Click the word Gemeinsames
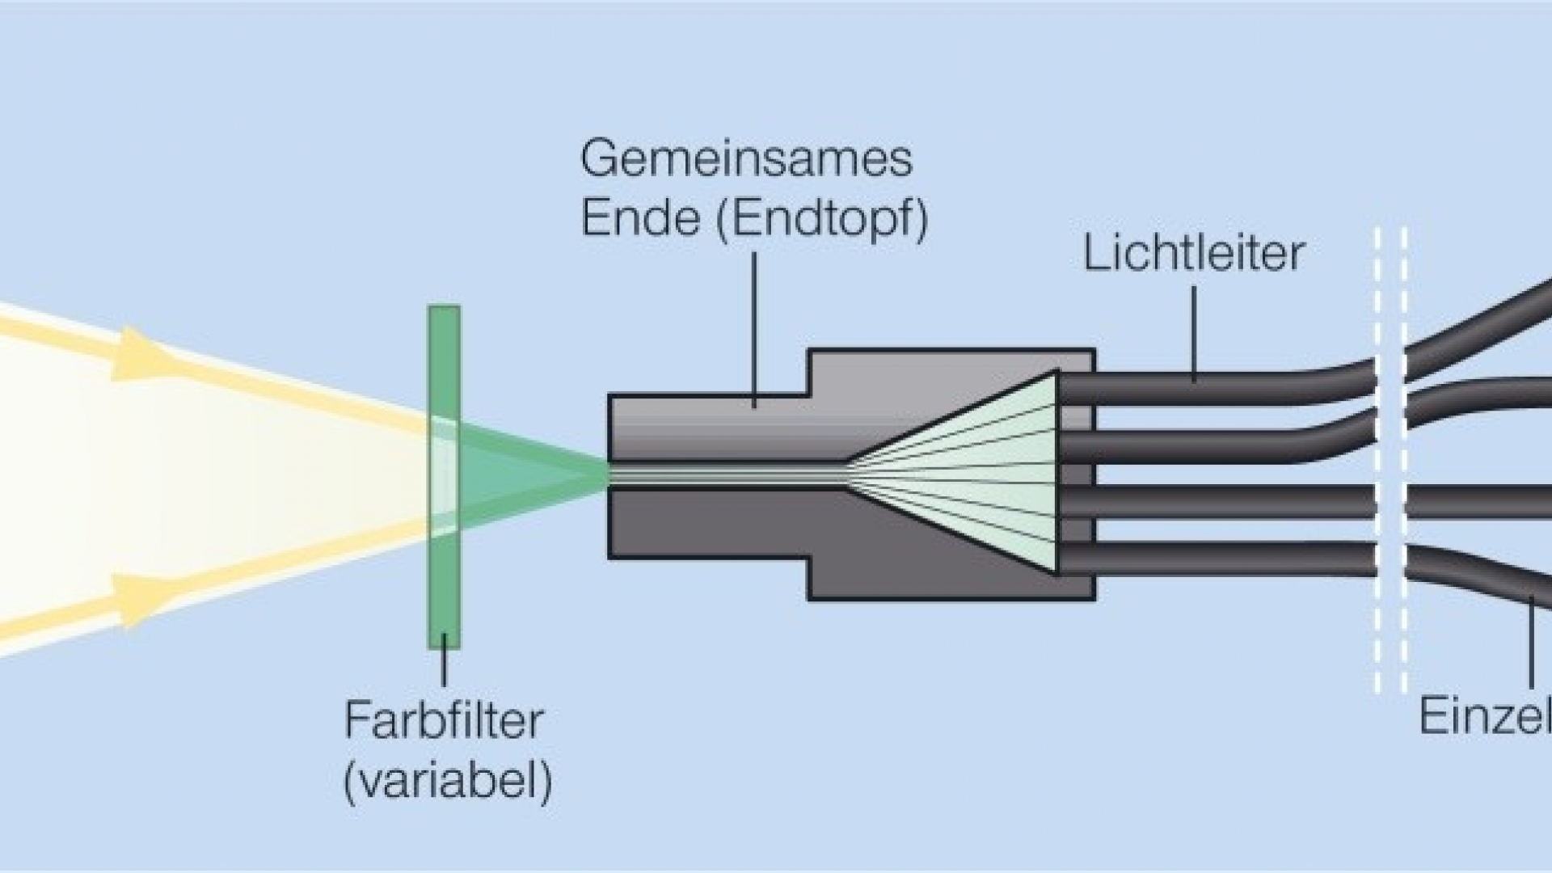click(746, 159)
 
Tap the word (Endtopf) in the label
click(822, 217)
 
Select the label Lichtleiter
click(1193, 254)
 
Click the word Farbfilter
click(444, 720)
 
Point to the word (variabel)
click(448, 780)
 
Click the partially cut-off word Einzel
click(1484, 716)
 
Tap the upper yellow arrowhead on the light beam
click(142, 353)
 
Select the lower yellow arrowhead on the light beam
click(142, 601)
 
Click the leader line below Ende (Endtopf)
click(755, 327)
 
